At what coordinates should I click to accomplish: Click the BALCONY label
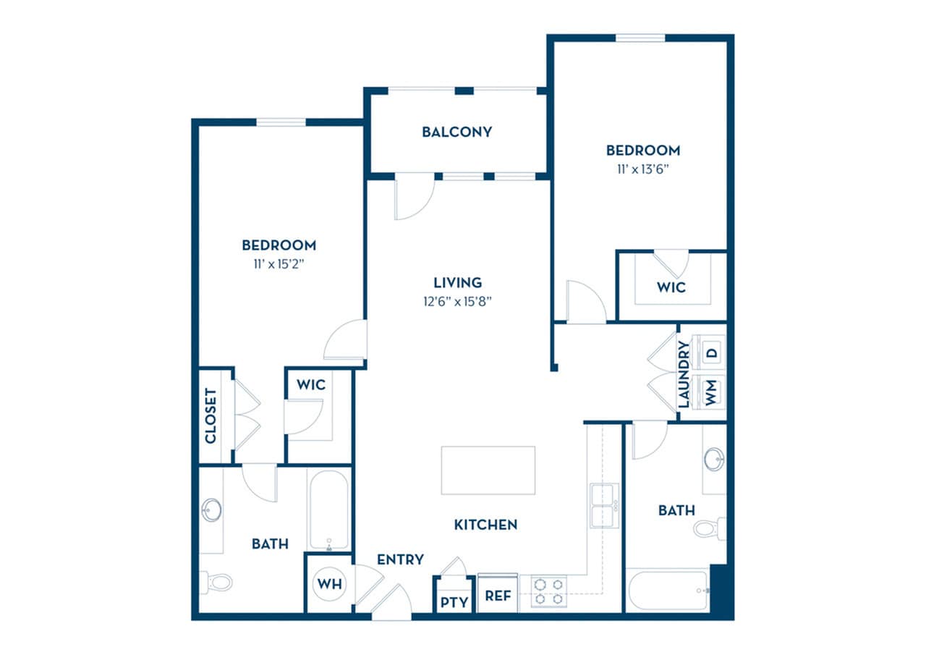(456, 132)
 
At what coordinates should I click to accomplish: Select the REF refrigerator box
(498, 596)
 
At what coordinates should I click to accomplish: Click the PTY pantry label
(454, 601)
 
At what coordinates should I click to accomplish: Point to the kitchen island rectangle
(488, 470)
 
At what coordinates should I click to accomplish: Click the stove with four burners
(549, 591)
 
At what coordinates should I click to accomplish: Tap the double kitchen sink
(603, 504)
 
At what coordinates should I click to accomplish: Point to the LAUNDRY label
(684, 374)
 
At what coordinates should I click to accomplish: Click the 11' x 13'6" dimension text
(642, 169)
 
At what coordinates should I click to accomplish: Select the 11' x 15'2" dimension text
(279, 264)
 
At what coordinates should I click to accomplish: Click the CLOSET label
(211, 416)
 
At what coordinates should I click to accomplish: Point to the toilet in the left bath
(217, 581)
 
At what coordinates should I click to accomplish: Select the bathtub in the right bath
(668, 591)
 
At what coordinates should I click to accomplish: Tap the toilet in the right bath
(708, 528)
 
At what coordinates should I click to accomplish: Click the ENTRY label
(400, 559)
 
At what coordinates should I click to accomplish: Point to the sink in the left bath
(211, 510)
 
